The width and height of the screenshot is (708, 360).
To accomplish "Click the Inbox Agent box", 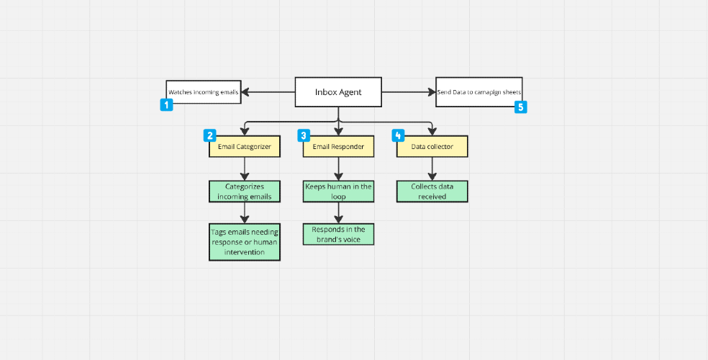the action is [x=338, y=92].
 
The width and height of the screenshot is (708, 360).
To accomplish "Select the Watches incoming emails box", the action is [x=204, y=92].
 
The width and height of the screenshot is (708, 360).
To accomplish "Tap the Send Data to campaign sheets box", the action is [x=479, y=92].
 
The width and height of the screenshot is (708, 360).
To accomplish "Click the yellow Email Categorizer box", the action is [x=245, y=147].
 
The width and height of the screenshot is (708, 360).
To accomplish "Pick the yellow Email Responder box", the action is [x=339, y=147].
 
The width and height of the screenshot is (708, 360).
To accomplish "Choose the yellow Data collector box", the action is [x=432, y=147].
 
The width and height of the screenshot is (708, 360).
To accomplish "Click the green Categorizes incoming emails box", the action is [x=245, y=192].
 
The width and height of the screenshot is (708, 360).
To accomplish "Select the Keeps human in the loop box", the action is [x=339, y=192].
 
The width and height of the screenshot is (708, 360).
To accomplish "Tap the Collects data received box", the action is [x=432, y=192].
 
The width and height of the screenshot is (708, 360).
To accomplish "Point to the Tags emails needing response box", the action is [x=245, y=242].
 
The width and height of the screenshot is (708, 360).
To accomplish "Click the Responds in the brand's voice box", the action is [x=339, y=235].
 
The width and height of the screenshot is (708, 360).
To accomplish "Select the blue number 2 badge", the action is [x=210, y=135].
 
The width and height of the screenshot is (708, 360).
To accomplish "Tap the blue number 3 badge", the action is [x=304, y=135].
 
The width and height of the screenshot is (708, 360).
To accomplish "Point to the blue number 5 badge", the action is [x=521, y=107].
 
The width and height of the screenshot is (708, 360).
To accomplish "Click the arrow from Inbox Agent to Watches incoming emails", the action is [x=268, y=92].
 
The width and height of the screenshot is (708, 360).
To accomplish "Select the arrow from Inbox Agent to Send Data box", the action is [x=409, y=92].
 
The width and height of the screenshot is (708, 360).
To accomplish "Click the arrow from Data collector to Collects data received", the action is [x=432, y=169].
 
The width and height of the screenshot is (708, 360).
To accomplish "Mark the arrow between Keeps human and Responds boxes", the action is [x=339, y=212].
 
